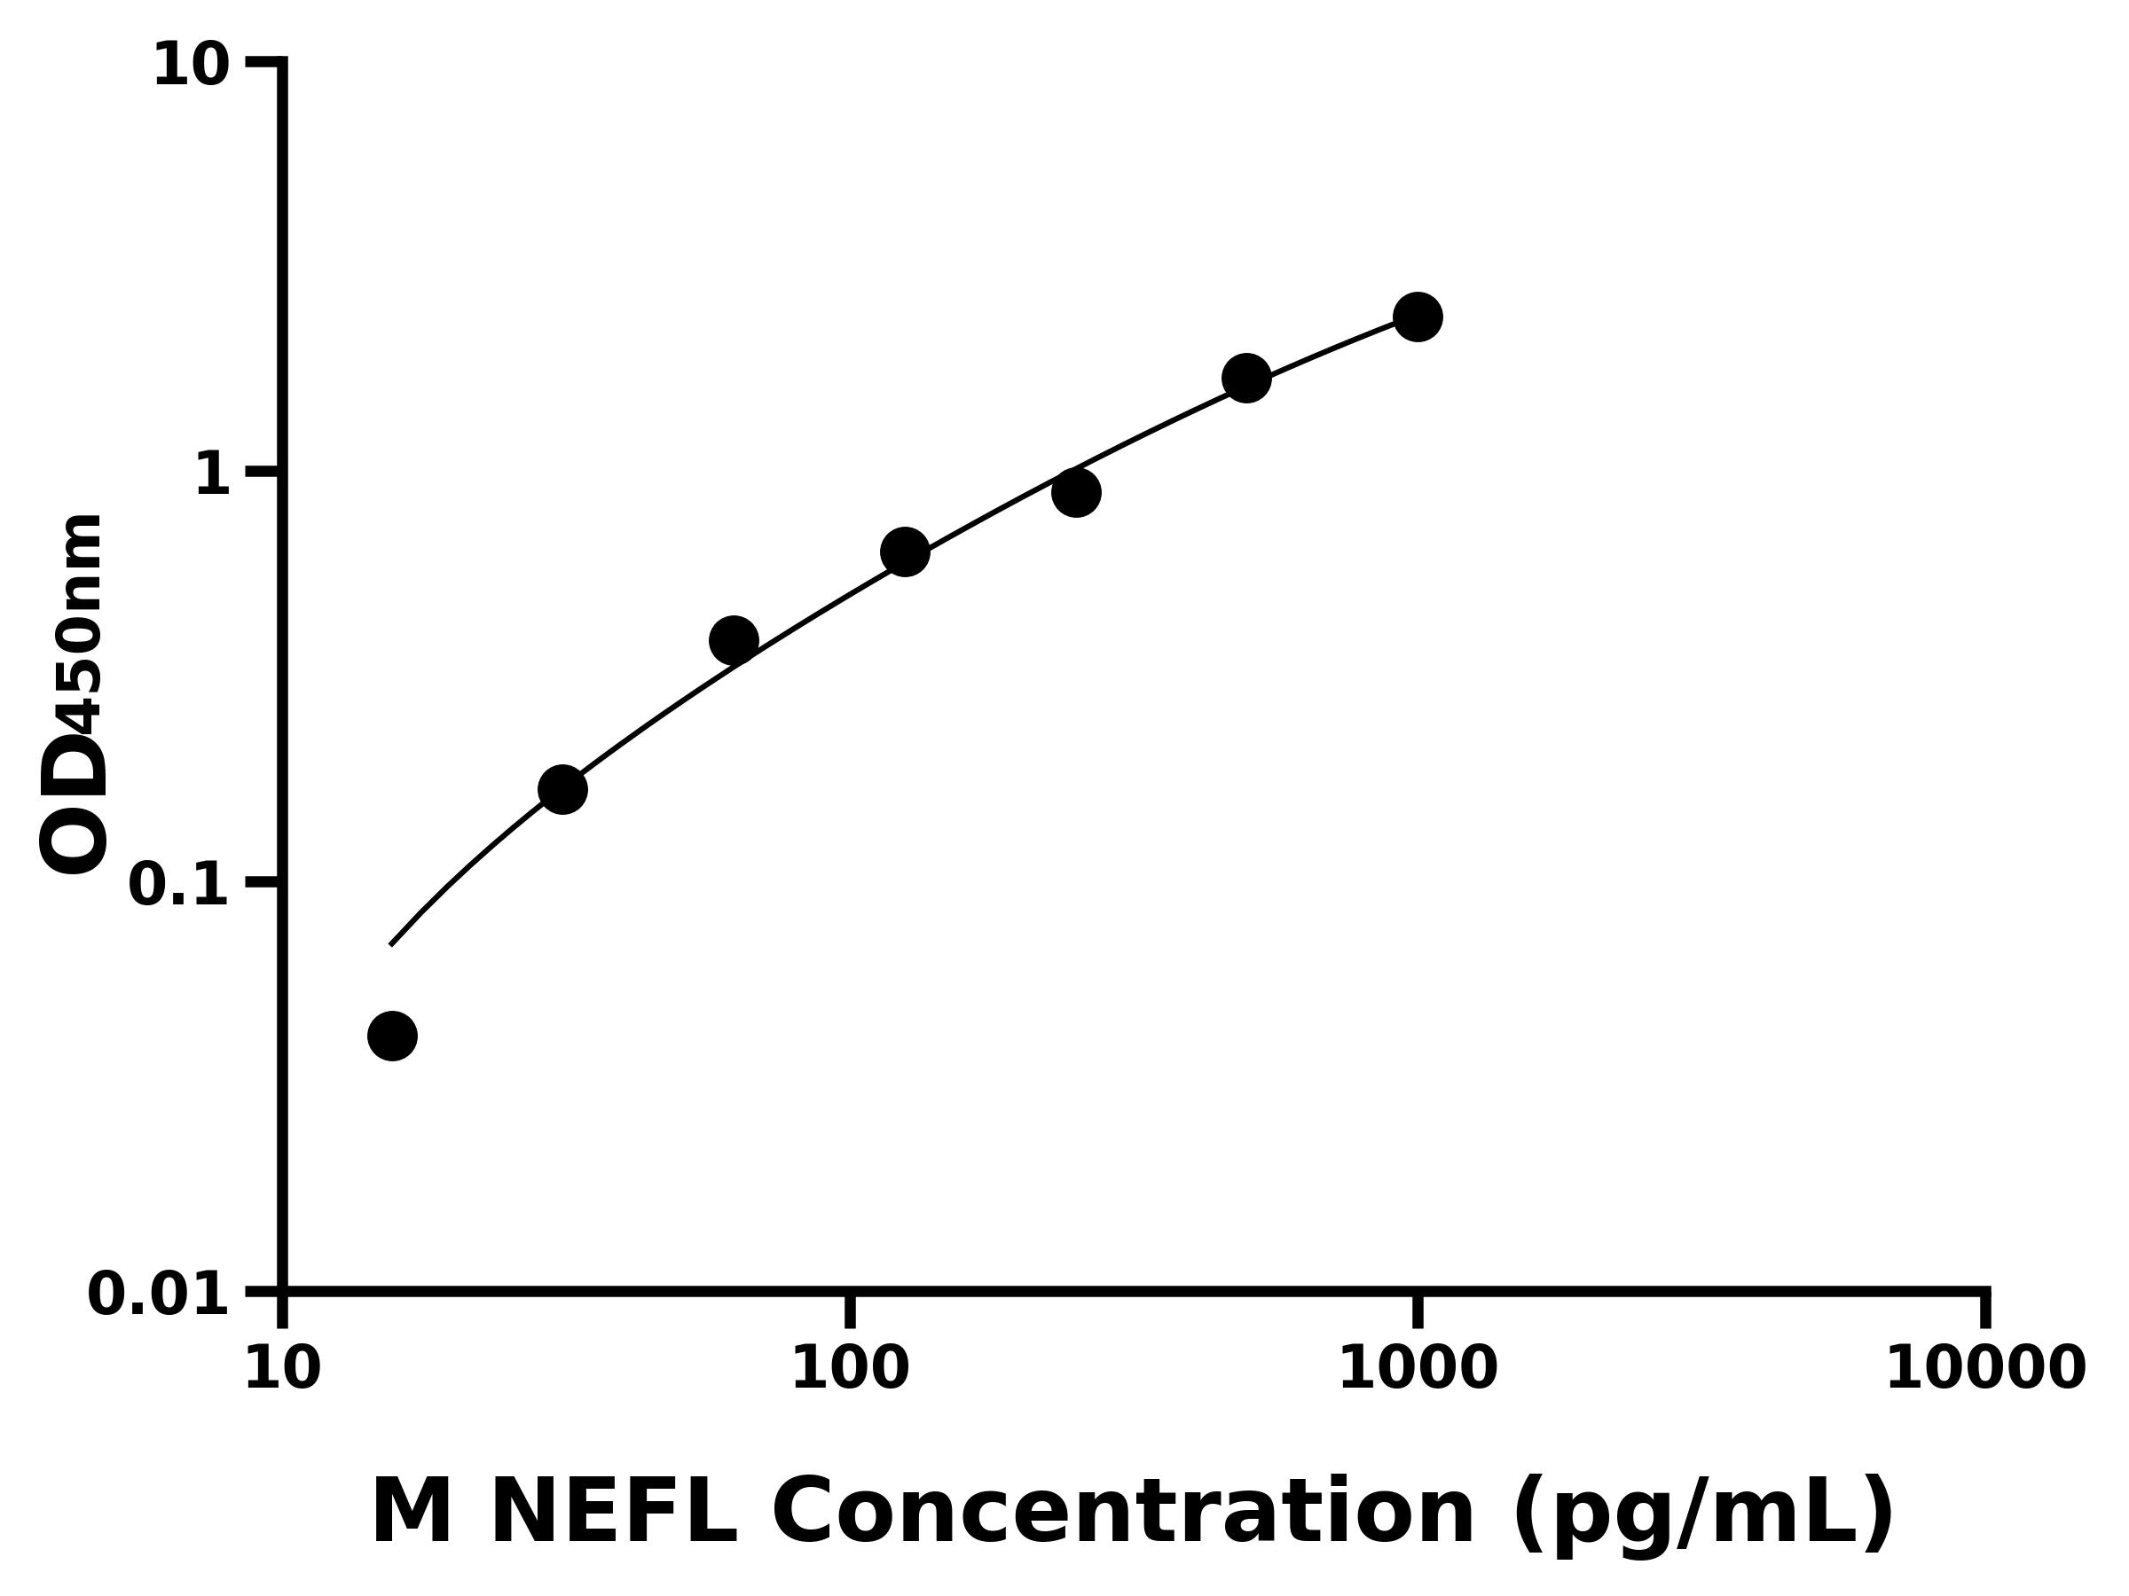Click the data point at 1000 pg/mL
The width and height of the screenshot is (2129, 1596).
coord(1417,317)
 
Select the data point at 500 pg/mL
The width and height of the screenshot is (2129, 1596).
coord(1246,378)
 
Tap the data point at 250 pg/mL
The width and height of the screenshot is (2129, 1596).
coord(1076,493)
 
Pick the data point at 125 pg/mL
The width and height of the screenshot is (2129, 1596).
coord(905,552)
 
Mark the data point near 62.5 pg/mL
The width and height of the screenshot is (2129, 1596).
coord(734,641)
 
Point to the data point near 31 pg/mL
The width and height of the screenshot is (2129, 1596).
coord(562,790)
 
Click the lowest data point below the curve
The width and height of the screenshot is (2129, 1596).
coord(392,1037)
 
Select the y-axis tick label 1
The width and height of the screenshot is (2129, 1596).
coord(213,475)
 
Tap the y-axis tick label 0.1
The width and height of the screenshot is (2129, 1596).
coord(179,885)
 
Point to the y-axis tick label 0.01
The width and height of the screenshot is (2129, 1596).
coord(159,1295)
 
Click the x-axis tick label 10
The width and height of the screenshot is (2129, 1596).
coord(282,1369)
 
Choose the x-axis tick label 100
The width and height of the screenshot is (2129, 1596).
coord(849,1369)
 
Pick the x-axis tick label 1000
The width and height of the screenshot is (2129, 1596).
coord(1417,1369)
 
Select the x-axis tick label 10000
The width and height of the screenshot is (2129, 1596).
coord(1984,1369)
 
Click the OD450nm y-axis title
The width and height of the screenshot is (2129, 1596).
coord(73,694)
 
